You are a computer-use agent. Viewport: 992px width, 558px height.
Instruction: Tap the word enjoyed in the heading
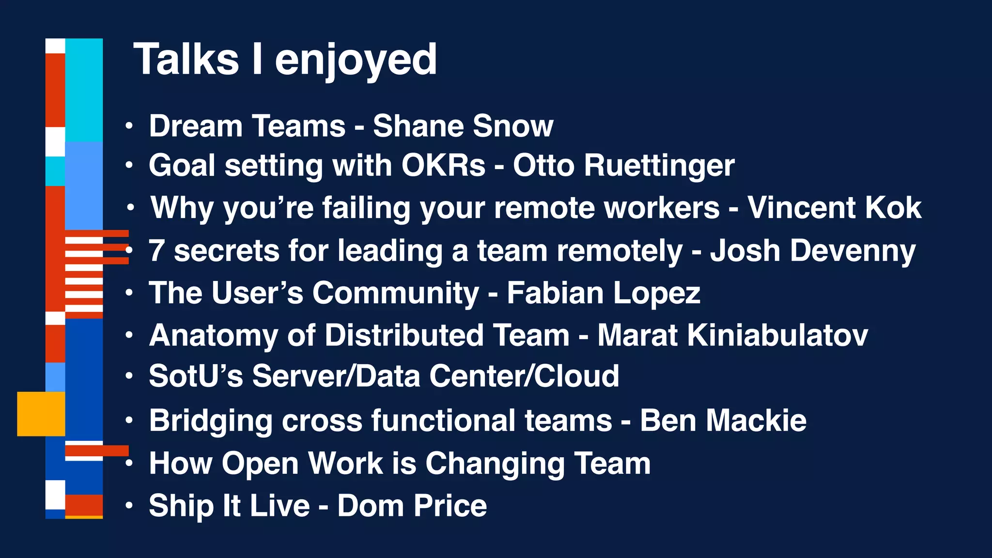[356, 60]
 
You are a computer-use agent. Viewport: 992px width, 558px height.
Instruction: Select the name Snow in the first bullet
[513, 126]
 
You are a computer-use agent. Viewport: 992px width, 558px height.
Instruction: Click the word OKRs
[443, 166]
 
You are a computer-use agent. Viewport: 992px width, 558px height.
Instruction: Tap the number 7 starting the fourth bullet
[156, 251]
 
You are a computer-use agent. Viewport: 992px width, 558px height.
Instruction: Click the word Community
[396, 294]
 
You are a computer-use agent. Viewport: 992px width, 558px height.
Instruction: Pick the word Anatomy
[214, 336]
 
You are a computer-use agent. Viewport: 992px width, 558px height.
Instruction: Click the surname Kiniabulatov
[732, 335]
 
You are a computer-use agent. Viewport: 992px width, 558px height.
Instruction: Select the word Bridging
[211, 420]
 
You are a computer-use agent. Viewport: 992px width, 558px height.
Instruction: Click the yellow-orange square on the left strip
[41, 414]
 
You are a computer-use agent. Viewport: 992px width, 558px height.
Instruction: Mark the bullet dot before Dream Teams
[129, 126]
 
